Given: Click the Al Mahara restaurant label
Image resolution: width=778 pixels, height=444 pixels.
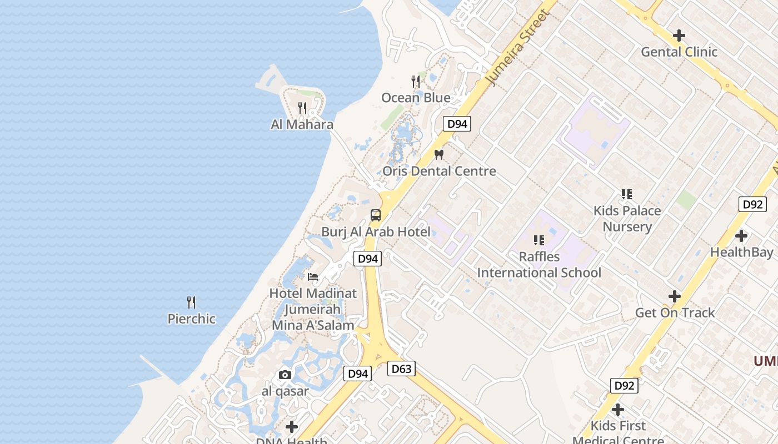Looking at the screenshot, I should (302, 124).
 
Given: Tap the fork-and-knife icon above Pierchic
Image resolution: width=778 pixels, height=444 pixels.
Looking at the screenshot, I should (191, 302).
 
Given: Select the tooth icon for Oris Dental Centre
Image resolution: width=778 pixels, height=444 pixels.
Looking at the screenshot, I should (439, 155).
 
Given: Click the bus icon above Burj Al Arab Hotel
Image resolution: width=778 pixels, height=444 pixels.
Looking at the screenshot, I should (376, 215).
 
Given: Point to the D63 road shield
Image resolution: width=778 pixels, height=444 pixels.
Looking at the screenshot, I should (401, 369).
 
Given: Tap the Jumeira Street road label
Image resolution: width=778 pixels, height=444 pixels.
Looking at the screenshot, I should (517, 48).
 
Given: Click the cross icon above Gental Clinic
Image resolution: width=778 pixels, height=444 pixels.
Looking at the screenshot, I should (679, 36).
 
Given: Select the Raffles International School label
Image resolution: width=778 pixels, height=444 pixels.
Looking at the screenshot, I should (539, 265).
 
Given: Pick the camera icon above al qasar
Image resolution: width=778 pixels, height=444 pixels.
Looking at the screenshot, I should (285, 375).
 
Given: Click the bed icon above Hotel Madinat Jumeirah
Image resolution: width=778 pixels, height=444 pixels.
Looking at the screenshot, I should (313, 277).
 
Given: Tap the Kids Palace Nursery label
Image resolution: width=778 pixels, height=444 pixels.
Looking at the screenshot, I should (627, 219).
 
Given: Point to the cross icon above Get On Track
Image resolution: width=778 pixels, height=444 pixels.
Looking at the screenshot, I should (675, 296).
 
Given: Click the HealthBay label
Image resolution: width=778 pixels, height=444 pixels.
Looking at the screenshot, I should (741, 252).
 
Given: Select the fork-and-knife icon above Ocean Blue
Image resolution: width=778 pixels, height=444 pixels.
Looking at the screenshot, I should (416, 82).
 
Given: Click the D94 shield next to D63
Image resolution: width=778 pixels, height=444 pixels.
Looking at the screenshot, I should (357, 374).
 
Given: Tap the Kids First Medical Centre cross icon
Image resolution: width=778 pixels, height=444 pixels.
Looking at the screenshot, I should (617, 410).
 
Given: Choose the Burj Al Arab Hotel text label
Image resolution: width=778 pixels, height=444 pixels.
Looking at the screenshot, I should (376, 232).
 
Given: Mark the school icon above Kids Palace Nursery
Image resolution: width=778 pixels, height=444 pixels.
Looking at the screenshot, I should (627, 194).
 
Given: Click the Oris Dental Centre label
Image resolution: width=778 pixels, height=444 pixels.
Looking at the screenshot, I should (439, 171).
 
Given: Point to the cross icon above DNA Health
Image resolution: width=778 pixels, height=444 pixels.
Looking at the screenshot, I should (291, 427).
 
